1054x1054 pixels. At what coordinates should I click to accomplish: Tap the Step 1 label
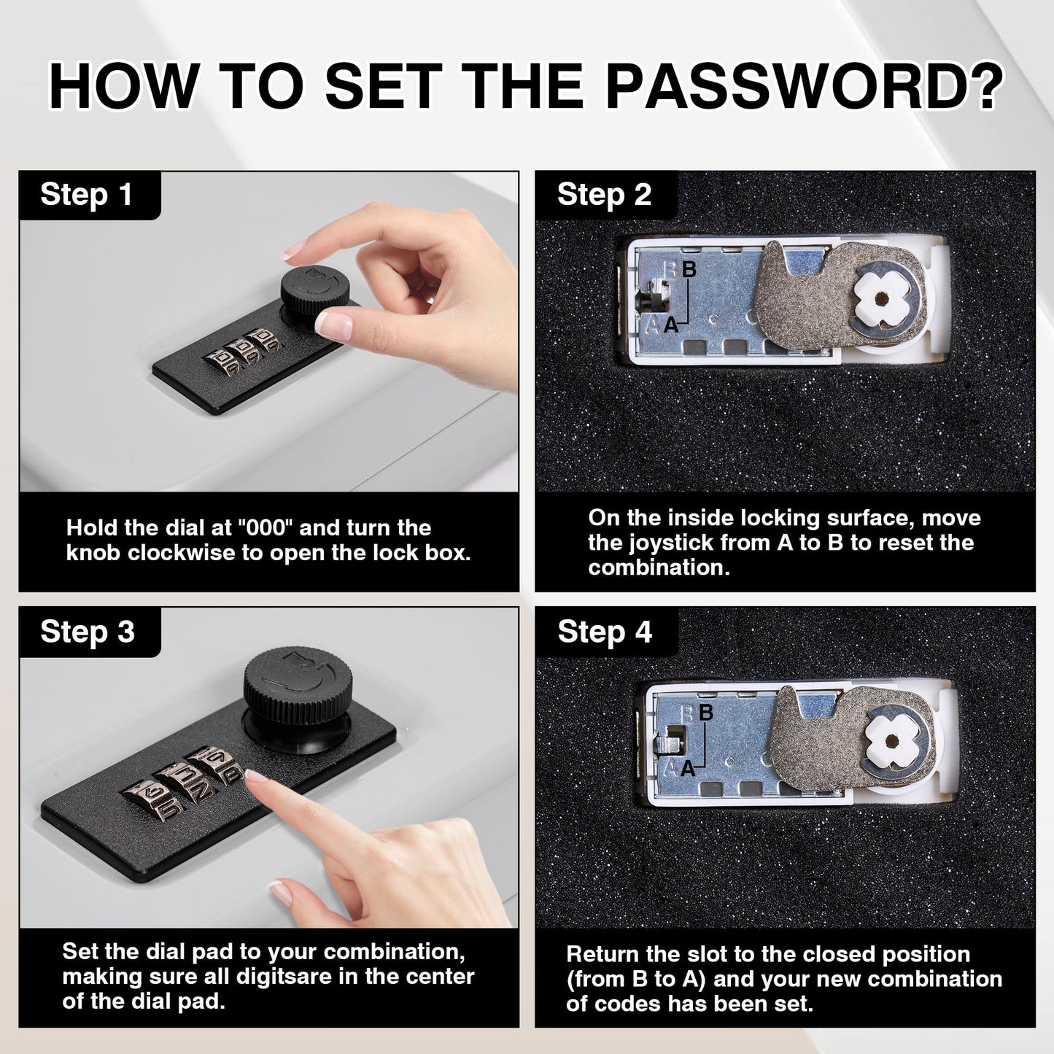86,195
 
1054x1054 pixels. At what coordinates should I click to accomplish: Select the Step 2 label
605,195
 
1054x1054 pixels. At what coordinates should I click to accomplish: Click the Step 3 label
88,632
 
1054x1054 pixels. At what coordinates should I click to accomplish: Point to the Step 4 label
605,632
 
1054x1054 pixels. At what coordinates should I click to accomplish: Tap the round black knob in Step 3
298,678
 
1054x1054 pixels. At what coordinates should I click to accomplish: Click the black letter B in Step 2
689,269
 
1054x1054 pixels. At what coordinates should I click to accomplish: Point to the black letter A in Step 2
671,325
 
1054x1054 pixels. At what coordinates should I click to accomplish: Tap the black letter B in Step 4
706,712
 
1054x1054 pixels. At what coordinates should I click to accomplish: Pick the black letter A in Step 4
688,769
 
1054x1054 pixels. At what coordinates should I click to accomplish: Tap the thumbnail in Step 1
333,326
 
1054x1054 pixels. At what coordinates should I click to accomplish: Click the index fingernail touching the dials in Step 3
255,775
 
